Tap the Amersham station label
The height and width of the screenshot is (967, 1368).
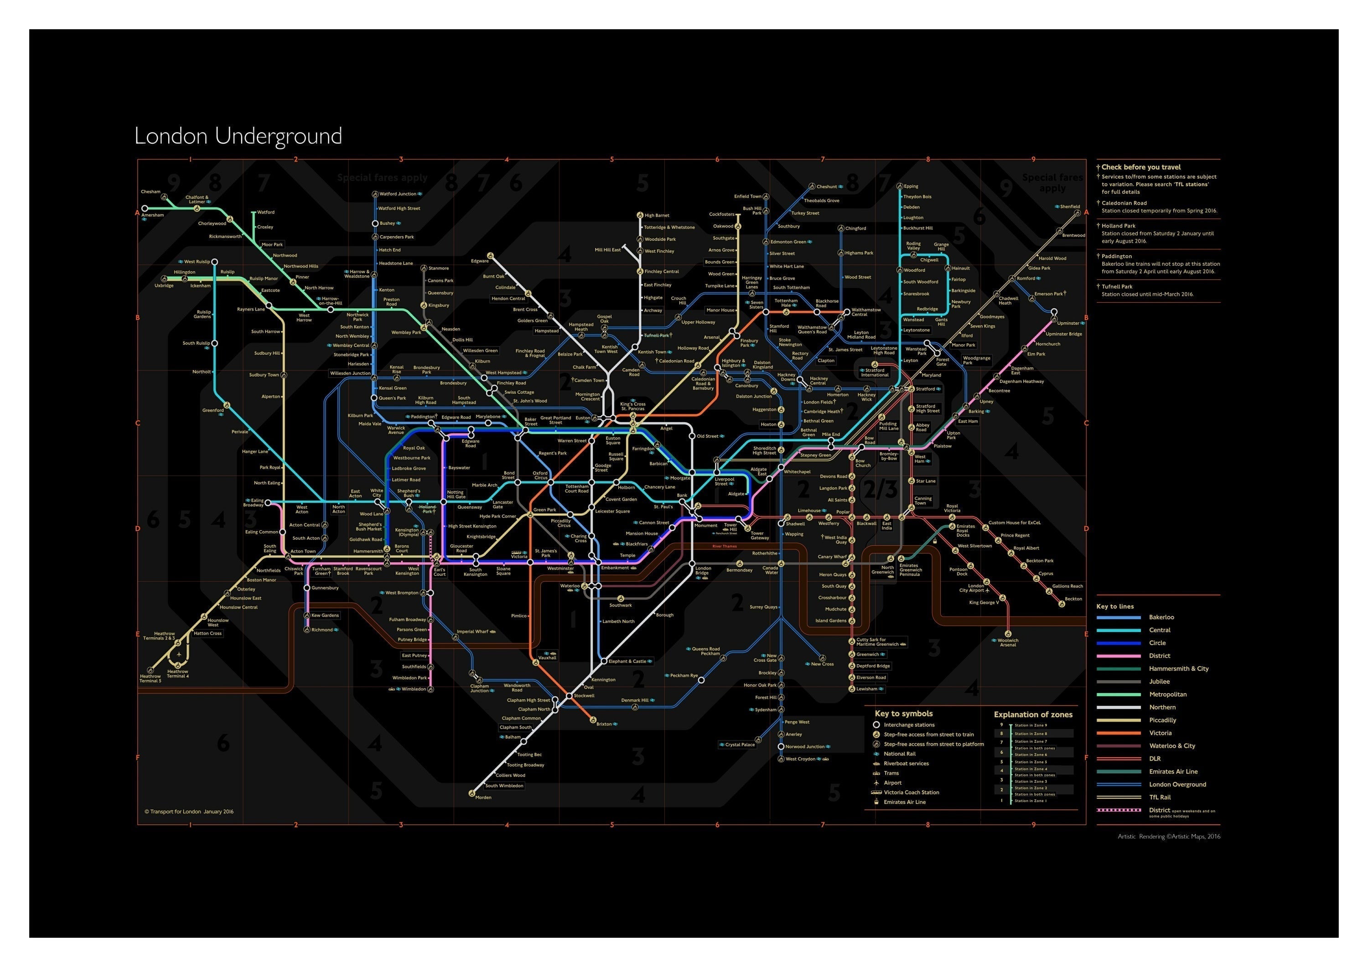coord(152,215)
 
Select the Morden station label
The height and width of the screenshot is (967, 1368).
coord(483,797)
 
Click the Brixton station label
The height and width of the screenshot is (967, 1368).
coord(604,724)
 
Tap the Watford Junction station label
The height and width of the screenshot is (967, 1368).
coord(398,194)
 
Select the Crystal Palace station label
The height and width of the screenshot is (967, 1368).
coord(740,745)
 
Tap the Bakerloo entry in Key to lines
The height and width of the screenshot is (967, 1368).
coord(1161,617)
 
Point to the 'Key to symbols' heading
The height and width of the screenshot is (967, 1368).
coord(903,713)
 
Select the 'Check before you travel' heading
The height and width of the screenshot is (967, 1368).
coord(1140,167)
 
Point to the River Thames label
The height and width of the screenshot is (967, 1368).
coord(724,546)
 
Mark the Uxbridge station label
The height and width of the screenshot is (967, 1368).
coord(164,285)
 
